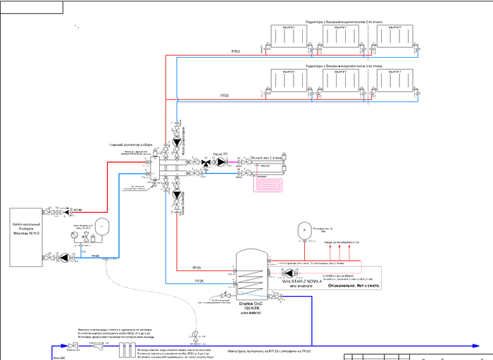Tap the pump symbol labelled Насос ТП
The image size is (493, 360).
(221, 162)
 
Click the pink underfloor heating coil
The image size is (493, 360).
(270, 183)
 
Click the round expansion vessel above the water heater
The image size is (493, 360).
(301, 230)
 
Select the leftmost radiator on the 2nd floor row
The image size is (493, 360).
(286, 36)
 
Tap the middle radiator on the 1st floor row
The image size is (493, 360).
(341, 80)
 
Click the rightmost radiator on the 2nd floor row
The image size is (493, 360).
(394, 36)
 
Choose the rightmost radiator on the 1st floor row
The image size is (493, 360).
(394, 80)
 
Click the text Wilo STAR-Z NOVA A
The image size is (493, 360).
(301, 281)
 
